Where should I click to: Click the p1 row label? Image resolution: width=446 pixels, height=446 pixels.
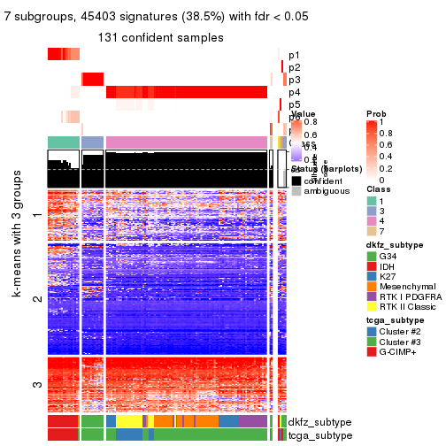(x=294, y=55)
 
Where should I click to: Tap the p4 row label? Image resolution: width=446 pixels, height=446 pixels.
(x=294, y=92)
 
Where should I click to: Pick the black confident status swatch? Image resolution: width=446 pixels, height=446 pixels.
(x=296, y=181)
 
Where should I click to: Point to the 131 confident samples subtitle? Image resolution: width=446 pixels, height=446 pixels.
(x=160, y=38)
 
